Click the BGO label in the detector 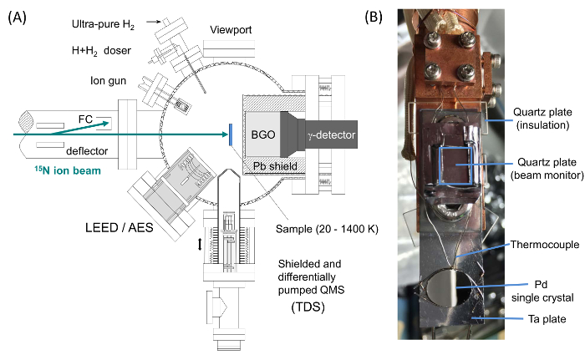click(263, 134)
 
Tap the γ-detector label click(332, 134)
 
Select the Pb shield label click(275, 166)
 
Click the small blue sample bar click(231, 135)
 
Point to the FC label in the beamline click(85, 119)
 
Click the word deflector click(87, 151)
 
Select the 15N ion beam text click(68, 170)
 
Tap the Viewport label click(231, 30)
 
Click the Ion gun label click(108, 81)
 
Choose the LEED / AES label click(120, 227)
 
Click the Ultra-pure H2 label click(103, 24)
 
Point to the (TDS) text click(308, 307)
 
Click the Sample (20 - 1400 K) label click(327, 229)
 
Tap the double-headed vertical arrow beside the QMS click(200, 245)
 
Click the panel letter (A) click(18, 18)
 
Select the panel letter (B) click(374, 18)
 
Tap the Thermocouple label click(545, 245)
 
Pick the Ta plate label click(547, 319)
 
